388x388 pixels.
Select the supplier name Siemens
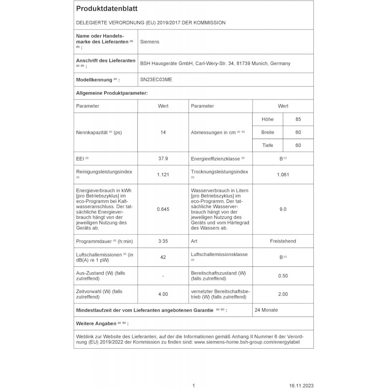[149, 42]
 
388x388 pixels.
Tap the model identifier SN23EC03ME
[156, 80]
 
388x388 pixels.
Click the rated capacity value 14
[163, 132]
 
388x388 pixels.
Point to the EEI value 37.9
[163, 158]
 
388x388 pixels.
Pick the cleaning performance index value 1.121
[163, 175]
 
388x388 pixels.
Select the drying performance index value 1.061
[283, 175]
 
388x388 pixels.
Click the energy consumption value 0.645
[163, 209]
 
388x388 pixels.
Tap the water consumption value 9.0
[283, 209]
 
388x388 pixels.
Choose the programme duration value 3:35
[163, 241]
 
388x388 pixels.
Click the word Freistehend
[283, 241]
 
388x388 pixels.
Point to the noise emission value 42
[163, 257]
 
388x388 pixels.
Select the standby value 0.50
[283, 275]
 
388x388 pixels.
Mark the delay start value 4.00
[163, 294]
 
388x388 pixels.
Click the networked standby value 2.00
[283, 294]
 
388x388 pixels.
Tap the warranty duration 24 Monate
[266, 310]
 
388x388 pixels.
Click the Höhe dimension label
[268, 119]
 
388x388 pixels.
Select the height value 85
[298, 119]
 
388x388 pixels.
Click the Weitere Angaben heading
[96, 323]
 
